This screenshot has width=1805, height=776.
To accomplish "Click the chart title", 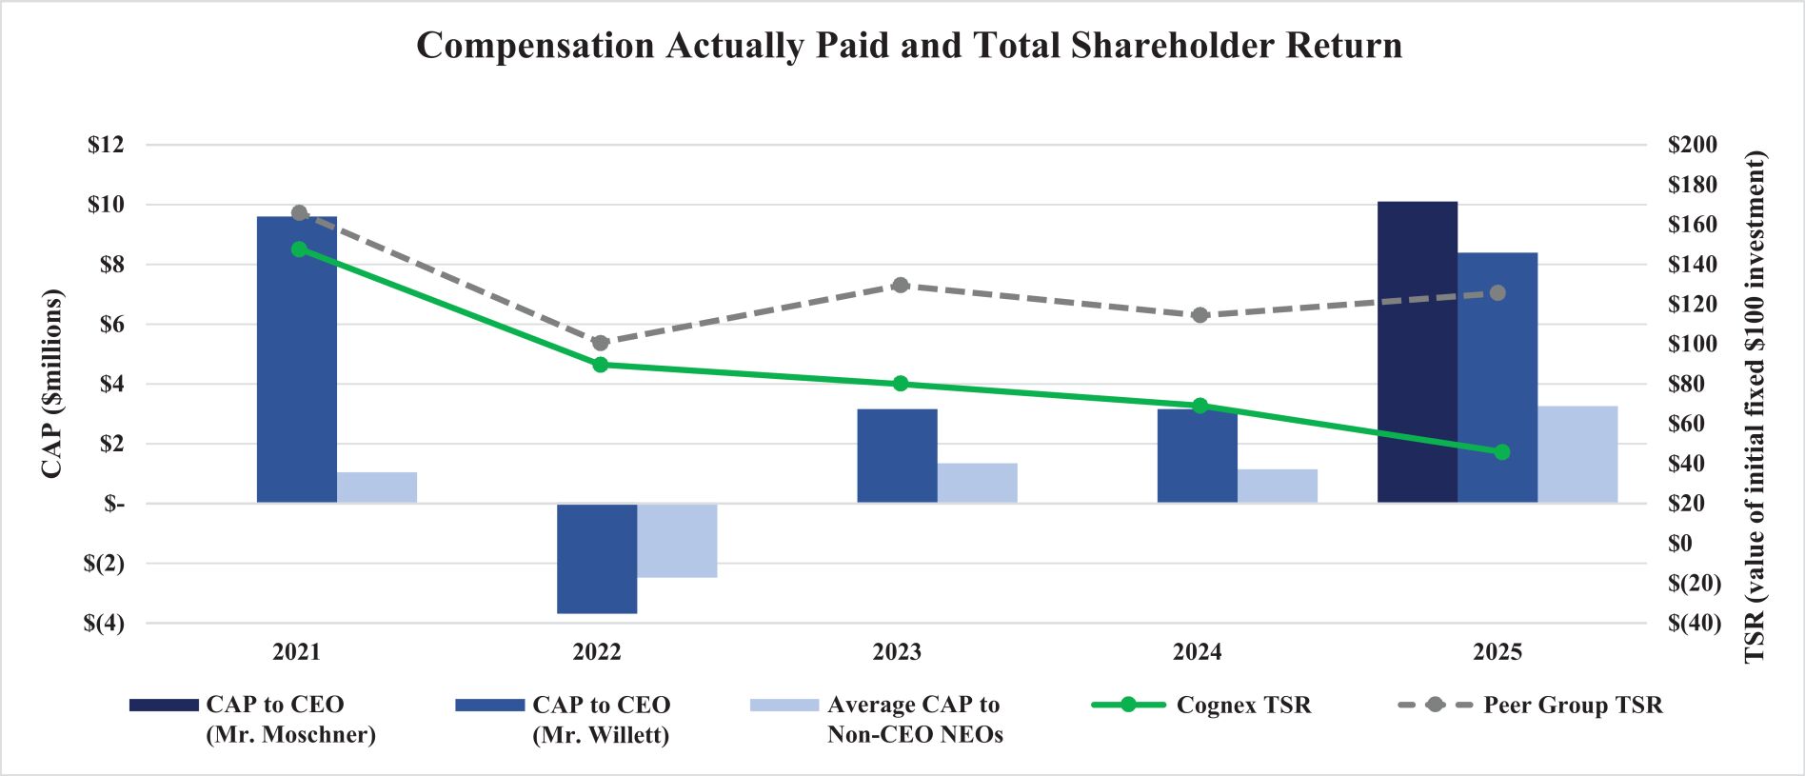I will [x=909, y=46].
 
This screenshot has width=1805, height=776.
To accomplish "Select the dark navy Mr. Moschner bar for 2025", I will [x=1417, y=352].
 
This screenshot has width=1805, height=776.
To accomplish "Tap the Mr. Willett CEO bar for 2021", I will [x=297, y=360].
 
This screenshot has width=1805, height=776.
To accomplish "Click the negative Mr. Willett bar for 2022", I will [x=597, y=559].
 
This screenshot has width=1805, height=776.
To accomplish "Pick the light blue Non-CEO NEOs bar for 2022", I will [x=677, y=541].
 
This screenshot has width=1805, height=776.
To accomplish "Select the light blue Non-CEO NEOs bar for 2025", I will [x=1577, y=454].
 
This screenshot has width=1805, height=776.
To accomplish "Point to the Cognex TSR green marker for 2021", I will [x=299, y=249].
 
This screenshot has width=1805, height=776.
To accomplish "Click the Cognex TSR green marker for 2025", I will [x=1502, y=452].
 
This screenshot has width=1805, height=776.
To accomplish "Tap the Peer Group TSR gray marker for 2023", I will [x=901, y=285].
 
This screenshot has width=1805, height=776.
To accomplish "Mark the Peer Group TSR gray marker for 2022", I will [x=600, y=343].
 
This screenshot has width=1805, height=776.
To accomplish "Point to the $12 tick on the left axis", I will [x=106, y=145].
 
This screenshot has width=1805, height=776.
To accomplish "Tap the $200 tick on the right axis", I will [x=1693, y=145].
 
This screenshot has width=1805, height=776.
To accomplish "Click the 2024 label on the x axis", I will [x=1197, y=652].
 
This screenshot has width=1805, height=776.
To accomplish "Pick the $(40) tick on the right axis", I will [x=1695, y=623].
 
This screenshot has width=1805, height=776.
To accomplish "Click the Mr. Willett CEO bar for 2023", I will [x=897, y=456].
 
